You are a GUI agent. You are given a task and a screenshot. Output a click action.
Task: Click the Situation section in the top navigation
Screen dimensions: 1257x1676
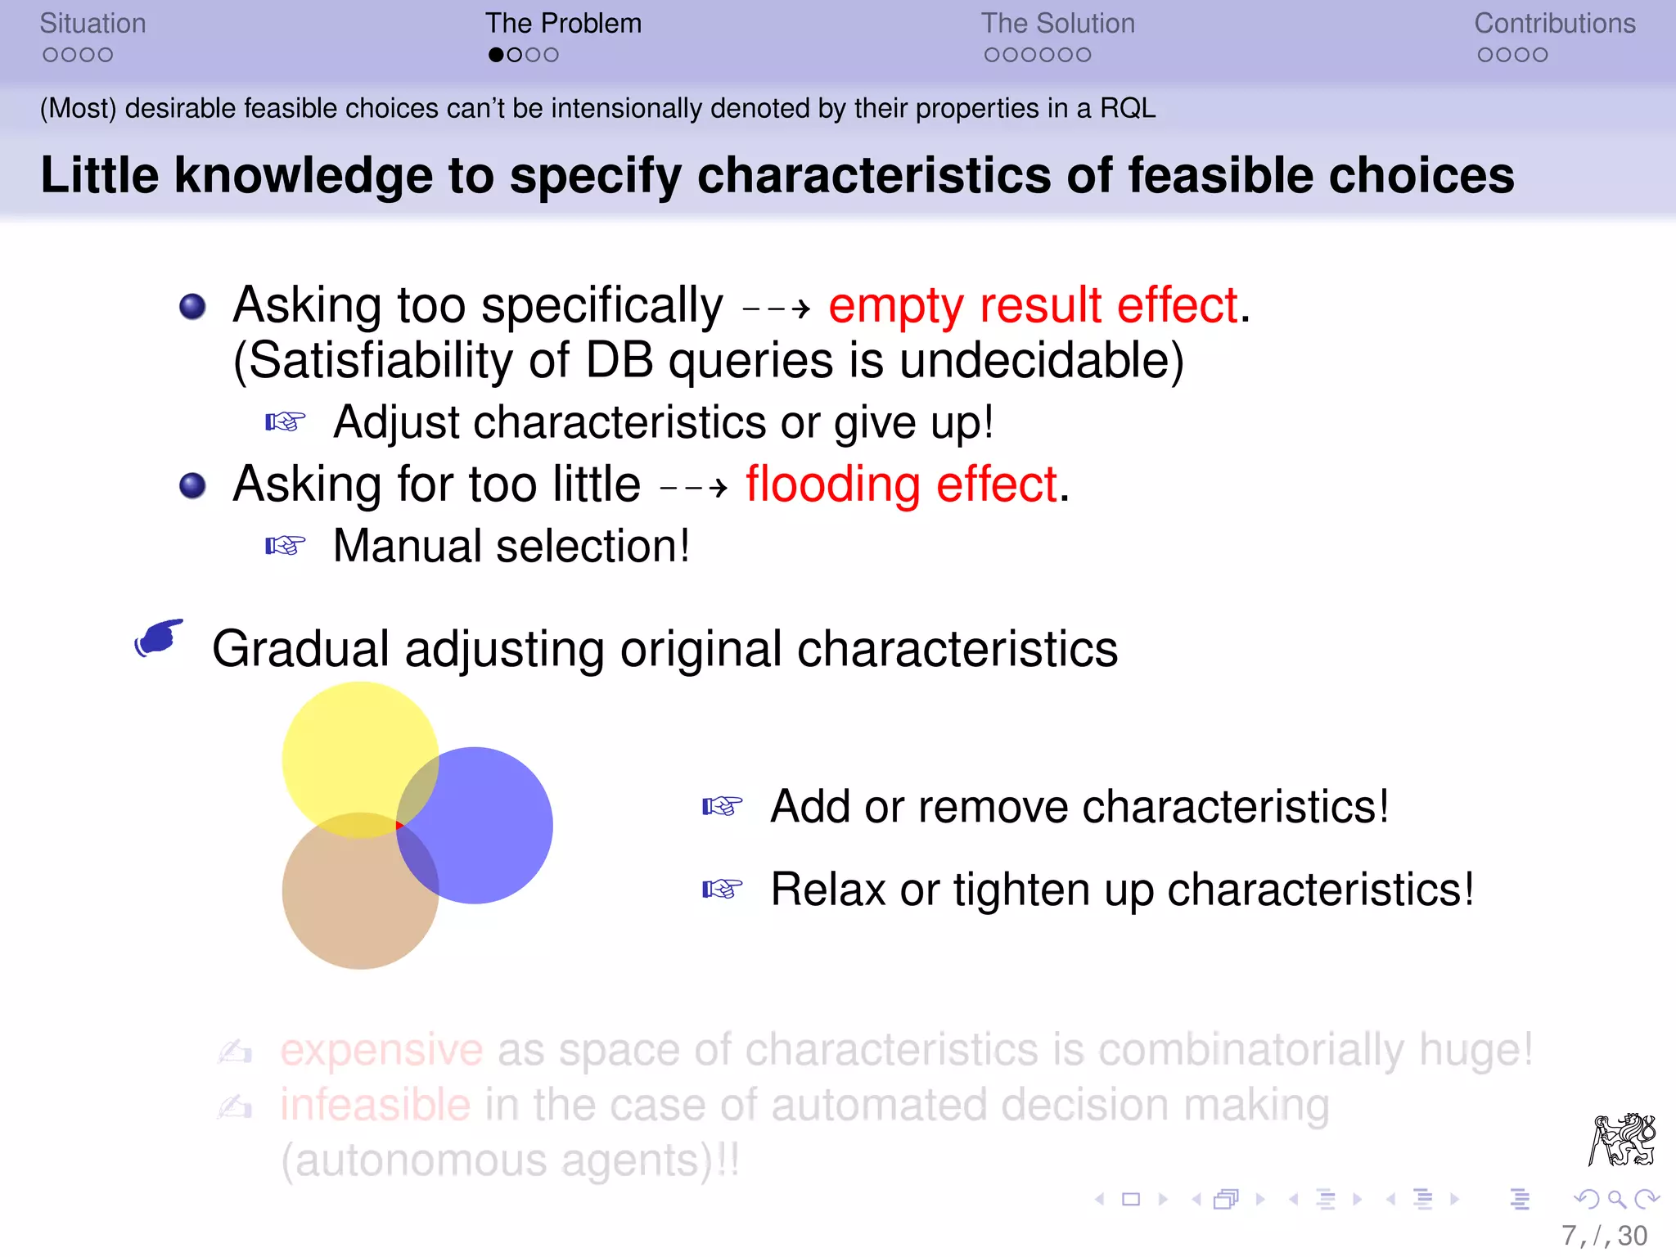tap(92, 24)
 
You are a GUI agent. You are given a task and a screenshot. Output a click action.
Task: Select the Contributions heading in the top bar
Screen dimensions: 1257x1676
tap(1554, 24)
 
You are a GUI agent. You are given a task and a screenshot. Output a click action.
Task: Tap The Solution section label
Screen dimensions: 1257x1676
tap(1057, 24)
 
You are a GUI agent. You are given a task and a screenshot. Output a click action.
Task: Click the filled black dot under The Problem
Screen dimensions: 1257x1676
tap(496, 55)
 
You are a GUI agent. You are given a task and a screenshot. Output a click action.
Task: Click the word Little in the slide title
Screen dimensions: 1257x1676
tap(99, 175)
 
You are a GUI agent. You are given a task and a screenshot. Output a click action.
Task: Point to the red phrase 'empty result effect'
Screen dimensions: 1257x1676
tap(1033, 306)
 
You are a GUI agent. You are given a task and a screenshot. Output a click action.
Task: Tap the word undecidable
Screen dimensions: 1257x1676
tap(1040, 361)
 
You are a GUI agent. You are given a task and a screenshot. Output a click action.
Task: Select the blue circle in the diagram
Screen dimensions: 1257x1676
tap(491, 827)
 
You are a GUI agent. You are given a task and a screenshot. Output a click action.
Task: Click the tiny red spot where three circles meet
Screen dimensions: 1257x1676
tap(399, 826)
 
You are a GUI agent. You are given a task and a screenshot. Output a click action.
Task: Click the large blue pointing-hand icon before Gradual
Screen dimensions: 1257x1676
tap(160, 638)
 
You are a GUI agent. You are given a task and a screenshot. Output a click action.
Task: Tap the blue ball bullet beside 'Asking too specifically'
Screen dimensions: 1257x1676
tap(192, 307)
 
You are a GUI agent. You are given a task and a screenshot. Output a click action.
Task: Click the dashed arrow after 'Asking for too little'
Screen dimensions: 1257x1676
tap(693, 489)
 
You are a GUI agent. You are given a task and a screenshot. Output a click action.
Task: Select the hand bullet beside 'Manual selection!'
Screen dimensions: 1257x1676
tap(285, 546)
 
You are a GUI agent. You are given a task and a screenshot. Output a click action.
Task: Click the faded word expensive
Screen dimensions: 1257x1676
tap(381, 1050)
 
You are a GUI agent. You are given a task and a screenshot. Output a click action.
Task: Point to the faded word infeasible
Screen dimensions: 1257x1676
tap(375, 1106)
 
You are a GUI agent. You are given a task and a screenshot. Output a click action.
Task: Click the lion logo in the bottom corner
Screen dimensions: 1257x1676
tap(1622, 1139)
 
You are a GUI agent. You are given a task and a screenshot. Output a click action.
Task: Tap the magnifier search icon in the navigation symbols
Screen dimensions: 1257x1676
tap(1616, 1200)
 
